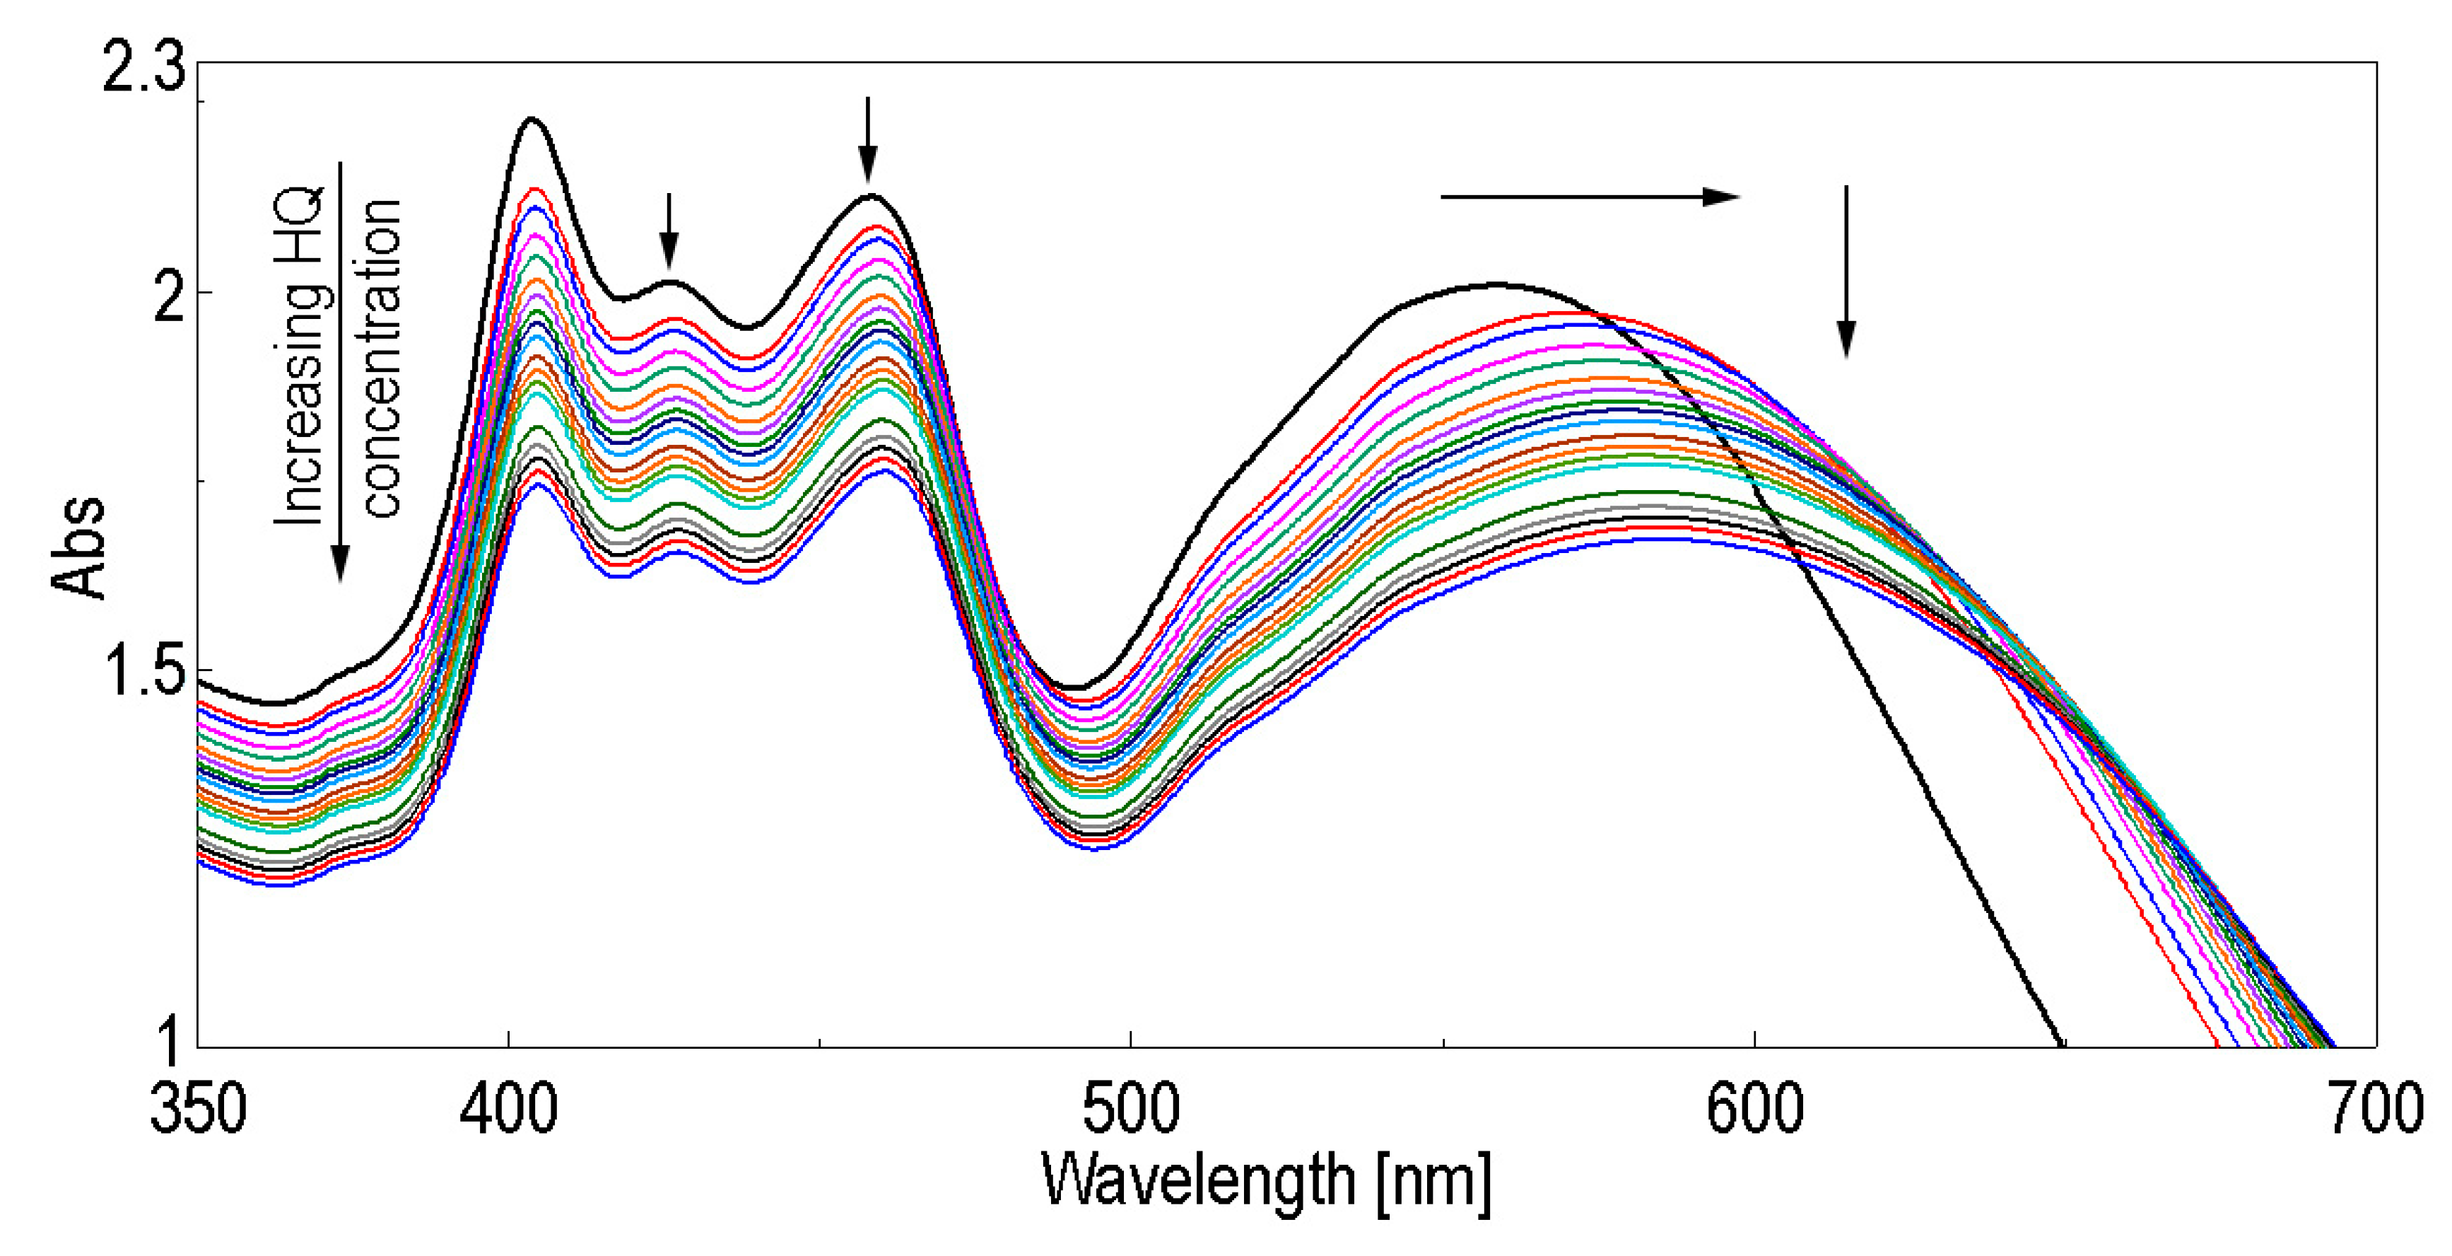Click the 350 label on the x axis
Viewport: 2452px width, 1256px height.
pyautogui.click(x=198, y=1110)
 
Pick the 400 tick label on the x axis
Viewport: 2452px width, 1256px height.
pyautogui.click(x=508, y=1110)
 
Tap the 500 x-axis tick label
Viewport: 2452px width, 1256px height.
pyautogui.click(x=1131, y=1110)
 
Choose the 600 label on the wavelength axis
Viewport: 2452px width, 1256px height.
pyautogui.click(x=1754, y=1110)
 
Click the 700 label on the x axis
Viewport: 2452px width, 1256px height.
pyautogui.click(x=2375, y=1110)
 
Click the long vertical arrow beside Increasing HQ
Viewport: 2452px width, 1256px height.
pyautogui.click(x=340, y=371)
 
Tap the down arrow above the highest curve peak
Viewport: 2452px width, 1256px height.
pyautogui.click(x=866, y=138)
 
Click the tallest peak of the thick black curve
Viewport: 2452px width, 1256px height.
pyautogui.click(x=532, y=120)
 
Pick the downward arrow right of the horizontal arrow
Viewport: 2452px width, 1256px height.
pyautogui.click(x=1846, y=272)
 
